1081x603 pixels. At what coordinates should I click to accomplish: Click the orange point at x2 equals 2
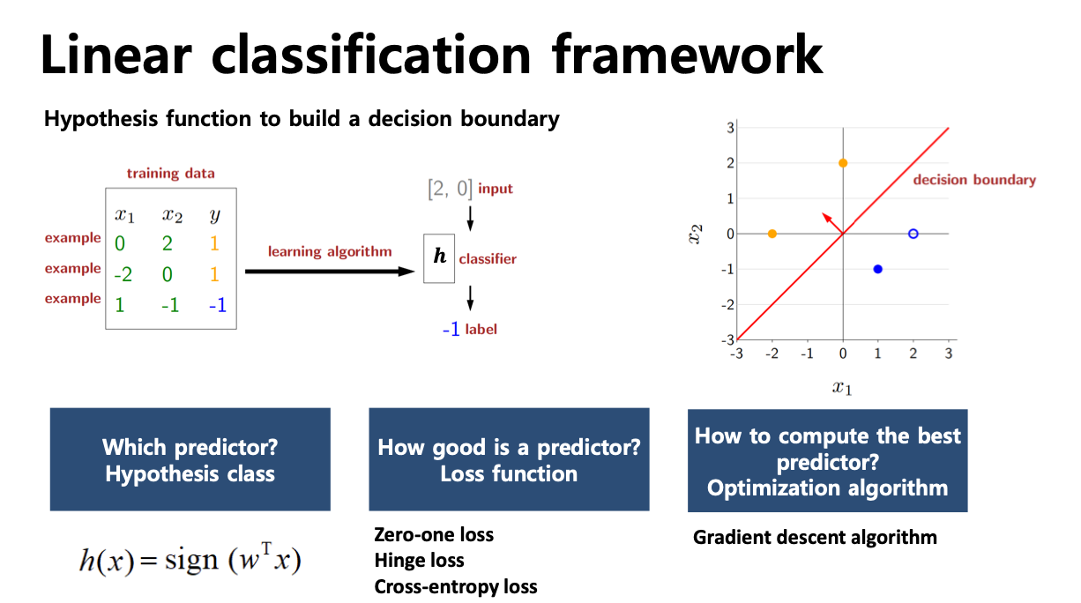843,163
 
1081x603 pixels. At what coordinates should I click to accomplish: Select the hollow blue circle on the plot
913,234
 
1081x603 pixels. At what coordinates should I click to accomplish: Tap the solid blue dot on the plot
878,269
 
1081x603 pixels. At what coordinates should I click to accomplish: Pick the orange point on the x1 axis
772,234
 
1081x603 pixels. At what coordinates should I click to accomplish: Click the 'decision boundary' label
974,180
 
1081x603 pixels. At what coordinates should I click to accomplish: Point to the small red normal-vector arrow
832,223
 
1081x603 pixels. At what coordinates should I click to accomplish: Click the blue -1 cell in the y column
218,305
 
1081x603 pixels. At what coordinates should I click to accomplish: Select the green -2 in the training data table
123,274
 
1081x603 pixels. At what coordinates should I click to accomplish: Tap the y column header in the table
215,215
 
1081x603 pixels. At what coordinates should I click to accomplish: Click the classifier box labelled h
439,258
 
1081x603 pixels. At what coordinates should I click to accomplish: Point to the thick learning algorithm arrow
330,272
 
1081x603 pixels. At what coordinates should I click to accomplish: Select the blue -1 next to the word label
451,330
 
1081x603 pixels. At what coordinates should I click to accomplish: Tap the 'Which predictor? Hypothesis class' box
190,459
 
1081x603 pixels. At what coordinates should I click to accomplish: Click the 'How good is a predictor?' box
509,459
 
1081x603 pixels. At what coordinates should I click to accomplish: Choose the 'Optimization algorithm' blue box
828,460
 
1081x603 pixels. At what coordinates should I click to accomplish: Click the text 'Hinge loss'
419,561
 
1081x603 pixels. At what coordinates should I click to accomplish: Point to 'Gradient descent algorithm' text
815,538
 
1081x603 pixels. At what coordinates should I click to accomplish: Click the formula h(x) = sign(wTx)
190,560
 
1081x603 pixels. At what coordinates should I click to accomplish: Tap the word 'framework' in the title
687,55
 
